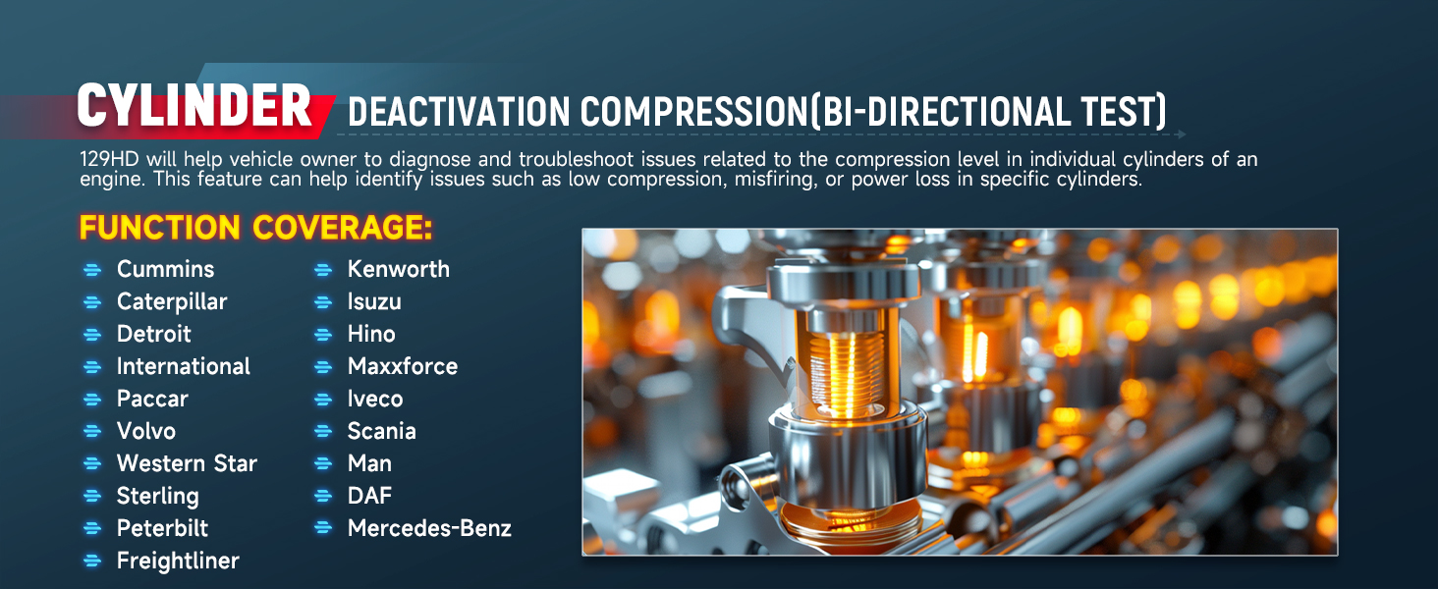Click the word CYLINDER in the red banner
tap(194, 106)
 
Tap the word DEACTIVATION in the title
tap(459, 112)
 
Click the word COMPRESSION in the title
tap(694, 112)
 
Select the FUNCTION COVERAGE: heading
tap(255, 227)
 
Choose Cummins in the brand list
tap(166, 270)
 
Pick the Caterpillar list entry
tap(172, 302)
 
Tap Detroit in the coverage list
tap(154, 335)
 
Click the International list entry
tap(184, 366)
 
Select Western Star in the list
tap(187, 463)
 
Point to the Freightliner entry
tap(178, 561)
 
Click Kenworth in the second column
tap(399, 270)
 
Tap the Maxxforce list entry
tap(403, 366)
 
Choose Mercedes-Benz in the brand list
tap(429, 528)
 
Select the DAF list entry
tap(369, 496)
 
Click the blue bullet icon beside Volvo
tap(92, 431)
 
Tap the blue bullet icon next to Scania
tap(323, 431)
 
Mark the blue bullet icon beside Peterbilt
tap(92, 529)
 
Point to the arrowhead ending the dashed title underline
tap(1182, 134)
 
